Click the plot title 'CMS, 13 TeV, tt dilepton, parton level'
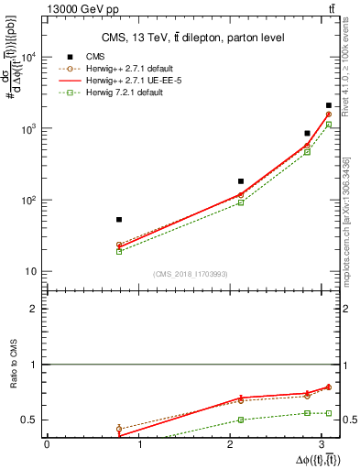pos(192,38)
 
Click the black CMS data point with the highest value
pos(329,106)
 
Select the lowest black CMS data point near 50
pos(119,220)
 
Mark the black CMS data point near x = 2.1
pos(241,181)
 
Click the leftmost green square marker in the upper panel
pos(119,251)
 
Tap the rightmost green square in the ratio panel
pos(329,413)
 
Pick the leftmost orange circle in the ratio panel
pos(119,429)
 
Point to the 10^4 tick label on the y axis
pos(27,57)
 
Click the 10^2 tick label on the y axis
pos(27,200)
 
